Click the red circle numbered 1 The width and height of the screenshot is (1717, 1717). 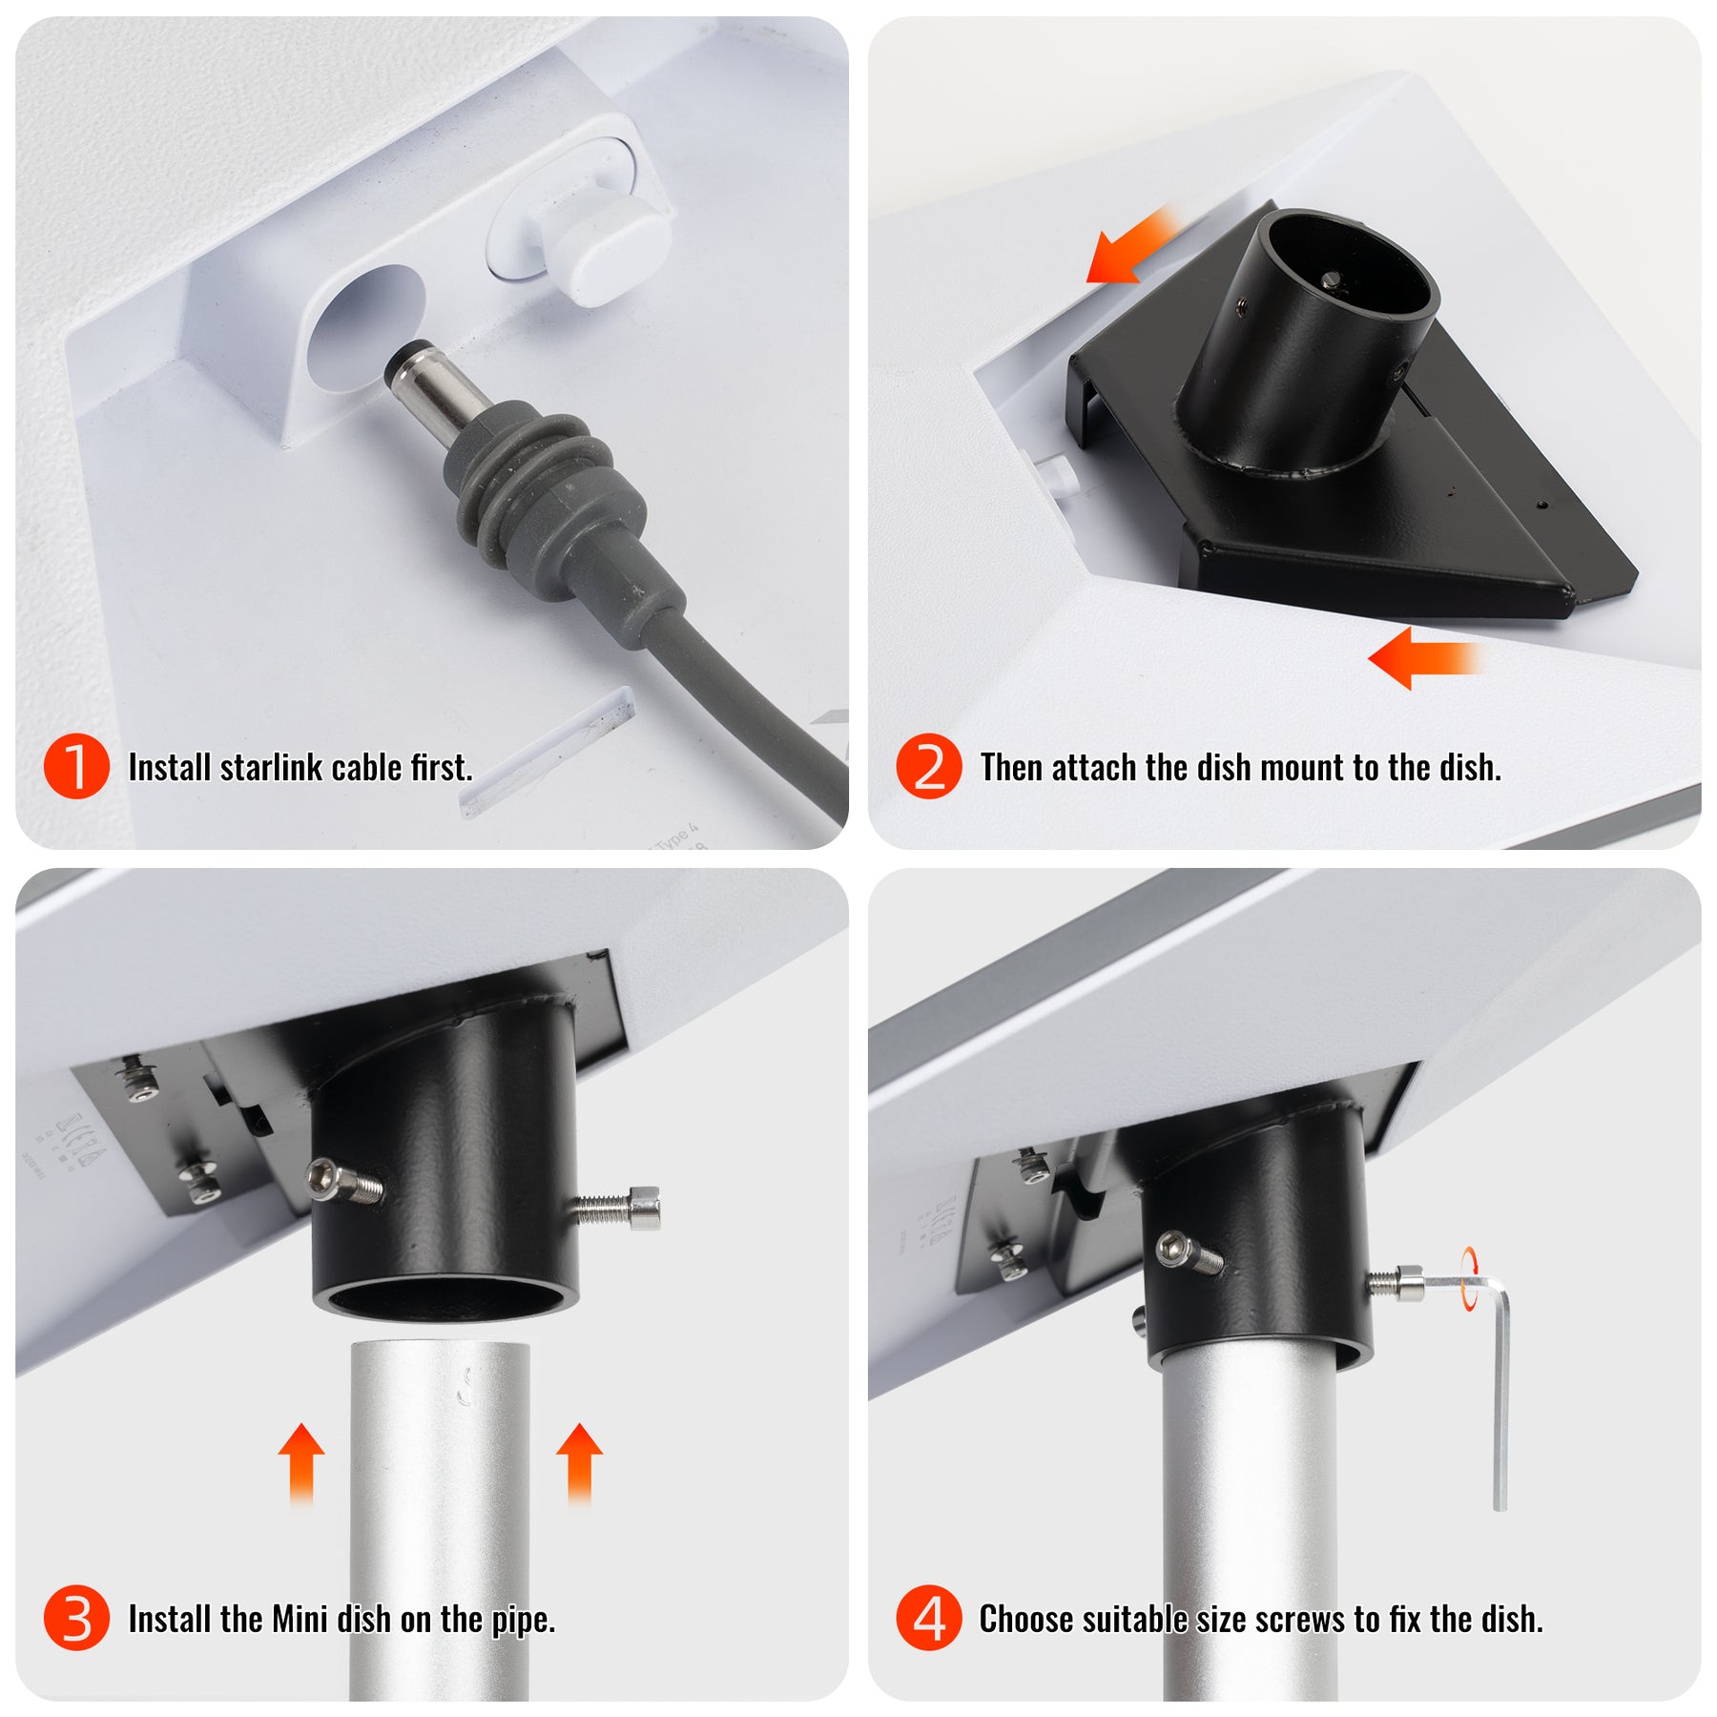(x=76, y=766)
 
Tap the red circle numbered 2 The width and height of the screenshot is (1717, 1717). (x=928, y=766)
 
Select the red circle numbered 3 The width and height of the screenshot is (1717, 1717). (x=76, y=1618)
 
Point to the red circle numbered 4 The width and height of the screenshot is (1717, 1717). (x=928, y=1618)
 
